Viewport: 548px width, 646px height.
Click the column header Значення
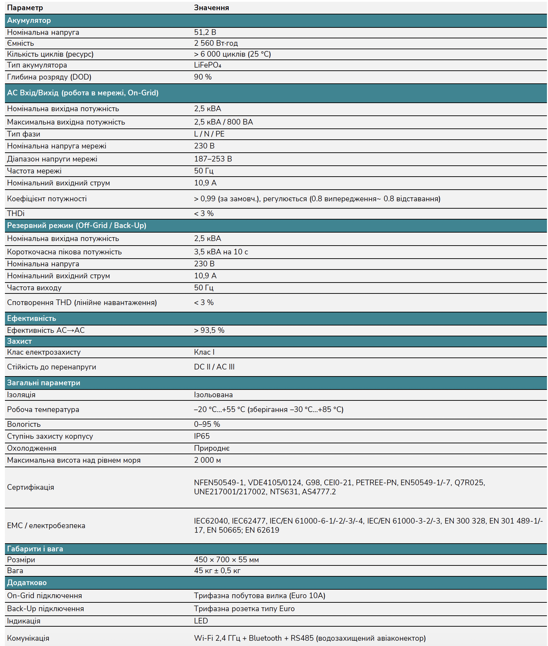click(x=211, y=8)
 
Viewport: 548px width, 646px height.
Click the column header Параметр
click(x=25, y=8)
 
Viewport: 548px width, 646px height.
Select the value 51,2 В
click(x=205, y=32)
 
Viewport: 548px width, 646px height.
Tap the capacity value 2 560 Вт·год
click(x=216, y=43)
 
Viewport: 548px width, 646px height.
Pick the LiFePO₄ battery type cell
click(x=208, y=65)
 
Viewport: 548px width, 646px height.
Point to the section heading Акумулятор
click(x=29, y=20)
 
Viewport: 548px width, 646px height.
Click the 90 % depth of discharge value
click(x=203, y=77)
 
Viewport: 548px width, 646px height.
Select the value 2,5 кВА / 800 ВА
click(x=223, y=122)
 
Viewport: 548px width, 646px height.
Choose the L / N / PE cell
click(x=209, y=134)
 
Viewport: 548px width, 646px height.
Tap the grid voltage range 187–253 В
click(x=213, y=159)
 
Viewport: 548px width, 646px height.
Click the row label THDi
click(x=16, y=214)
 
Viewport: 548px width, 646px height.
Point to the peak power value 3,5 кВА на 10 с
click(x=221, y=252)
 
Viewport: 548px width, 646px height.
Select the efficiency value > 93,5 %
click(x=209, y=330)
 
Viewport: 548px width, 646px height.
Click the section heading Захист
click(x=19, y=341)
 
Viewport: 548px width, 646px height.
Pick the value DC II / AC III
click(x=214, y=367)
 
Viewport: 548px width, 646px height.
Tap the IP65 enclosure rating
click(x=202, y=436)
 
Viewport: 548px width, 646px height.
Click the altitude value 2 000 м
click(x=207, y=460)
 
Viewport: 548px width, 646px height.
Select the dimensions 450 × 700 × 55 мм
click(x=226, y=560)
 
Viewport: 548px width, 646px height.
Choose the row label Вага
click(x=15, y=571)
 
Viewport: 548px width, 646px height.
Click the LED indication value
click(x=201, y=621)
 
